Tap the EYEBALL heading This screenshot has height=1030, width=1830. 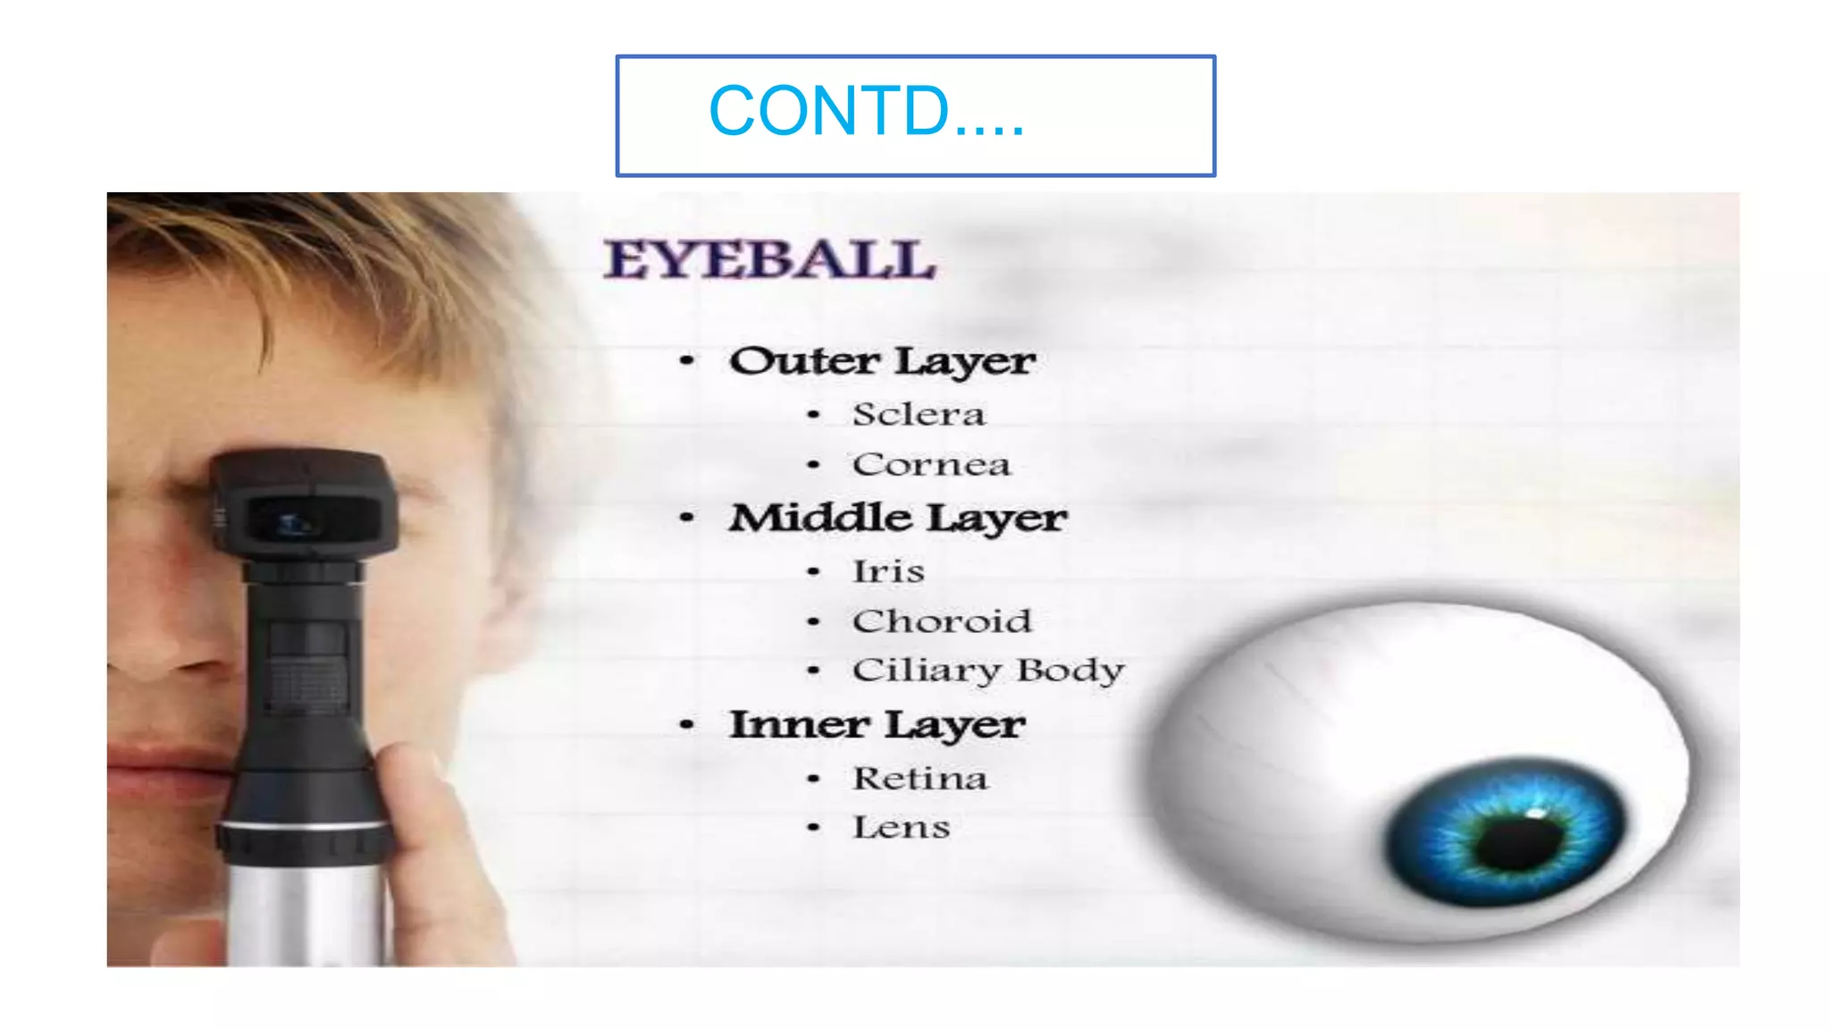769,260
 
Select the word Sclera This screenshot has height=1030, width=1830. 919,415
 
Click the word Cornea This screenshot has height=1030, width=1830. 931,465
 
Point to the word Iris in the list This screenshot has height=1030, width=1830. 888,571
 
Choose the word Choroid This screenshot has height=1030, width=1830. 942,621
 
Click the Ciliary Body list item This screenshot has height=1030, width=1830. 988,671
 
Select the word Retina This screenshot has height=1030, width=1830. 920,779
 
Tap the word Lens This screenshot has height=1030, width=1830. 901,828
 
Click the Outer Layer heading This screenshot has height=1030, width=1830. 882,362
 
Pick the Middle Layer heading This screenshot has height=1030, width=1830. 897,519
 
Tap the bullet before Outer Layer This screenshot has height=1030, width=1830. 686,361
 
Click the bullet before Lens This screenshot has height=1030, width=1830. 813,828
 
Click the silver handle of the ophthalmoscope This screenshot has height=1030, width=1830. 304,912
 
